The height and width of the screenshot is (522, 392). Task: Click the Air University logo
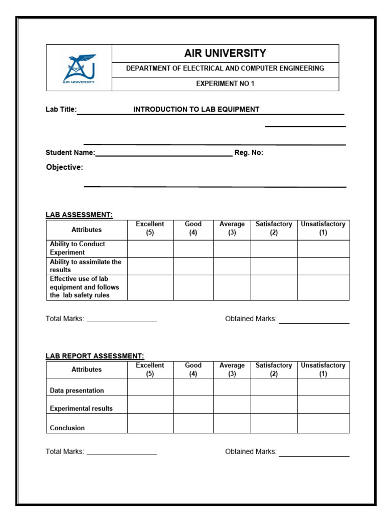click(x=79, y=68)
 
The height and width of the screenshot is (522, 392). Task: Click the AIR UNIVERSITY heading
click(x=225, y=54)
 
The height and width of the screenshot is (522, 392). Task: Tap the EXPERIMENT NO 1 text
click(x=225, y=84)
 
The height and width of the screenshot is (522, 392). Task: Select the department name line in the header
click(x=225, y=68)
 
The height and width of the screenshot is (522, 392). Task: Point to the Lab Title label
click(x=61, y=109)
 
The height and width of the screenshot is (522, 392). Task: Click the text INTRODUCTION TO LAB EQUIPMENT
click(x=197, y=109)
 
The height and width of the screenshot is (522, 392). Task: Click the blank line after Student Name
click(x=163, y=153)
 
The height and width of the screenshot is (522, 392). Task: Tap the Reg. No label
click(x=249, y=152)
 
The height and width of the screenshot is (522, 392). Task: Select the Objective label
click(x=64, y=167)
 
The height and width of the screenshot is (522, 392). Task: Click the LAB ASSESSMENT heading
click(x=79, y=215)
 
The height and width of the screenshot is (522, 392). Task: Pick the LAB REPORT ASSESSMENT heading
click(x=95, y=356)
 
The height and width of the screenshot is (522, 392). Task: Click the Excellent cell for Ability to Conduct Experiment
click(x=150, y=249)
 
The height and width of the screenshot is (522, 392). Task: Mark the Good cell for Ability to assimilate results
click(x=193, y=266)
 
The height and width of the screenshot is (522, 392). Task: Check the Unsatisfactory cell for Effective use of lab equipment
click(x=323, y=288)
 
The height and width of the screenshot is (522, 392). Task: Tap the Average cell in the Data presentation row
click(x=232, y=387)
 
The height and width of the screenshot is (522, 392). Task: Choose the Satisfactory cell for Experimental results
click(x=274, y=405)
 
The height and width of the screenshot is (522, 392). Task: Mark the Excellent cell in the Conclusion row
click(x=150, y=423)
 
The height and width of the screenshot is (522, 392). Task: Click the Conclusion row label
click(x=67, y=428)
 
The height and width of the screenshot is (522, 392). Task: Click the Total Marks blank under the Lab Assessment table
click(x=121, y=319)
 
